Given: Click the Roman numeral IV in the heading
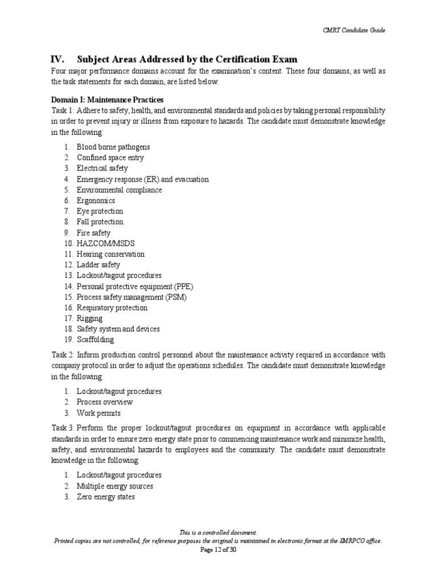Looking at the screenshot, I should click(57, 59).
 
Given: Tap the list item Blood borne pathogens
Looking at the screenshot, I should click(113, 147).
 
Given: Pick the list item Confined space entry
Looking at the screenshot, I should click(110, 158).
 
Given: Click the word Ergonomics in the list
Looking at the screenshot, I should click(96, 200).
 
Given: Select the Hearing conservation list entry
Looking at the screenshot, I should click(110, 254).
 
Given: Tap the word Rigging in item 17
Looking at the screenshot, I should click(90, 318).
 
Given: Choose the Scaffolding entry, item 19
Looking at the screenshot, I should click(95, 340).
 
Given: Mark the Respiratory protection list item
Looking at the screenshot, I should click(112, 308).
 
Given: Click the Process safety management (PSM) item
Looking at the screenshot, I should click(131, 297).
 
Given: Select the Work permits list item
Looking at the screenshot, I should click(98, 413).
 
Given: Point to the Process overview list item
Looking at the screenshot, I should click(105, 402).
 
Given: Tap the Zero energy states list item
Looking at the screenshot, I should click(106, 497).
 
